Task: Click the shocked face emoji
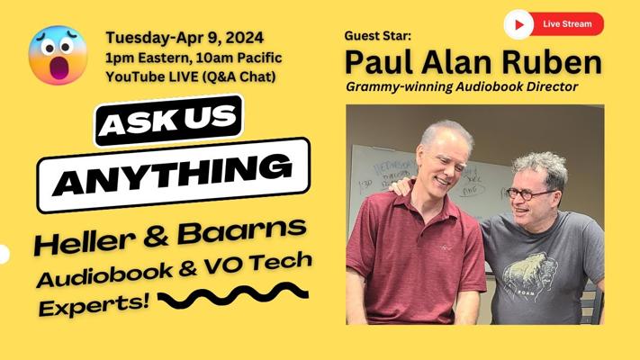click(x=58, y=55)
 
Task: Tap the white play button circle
click(x=518, y=24)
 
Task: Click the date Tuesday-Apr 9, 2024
click(x=185, y=38)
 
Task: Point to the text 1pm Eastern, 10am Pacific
click(x=194, y=58)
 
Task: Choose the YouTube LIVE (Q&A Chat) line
click(x=191, y=76)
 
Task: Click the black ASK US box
click(x=168, y=121)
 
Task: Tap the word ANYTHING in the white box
click(x=172, y=175)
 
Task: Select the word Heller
click(x=85, y=241)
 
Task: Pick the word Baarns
click(x=242, y=231)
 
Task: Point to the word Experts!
click(x=94, y=305)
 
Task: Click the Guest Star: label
click(x=377, y=36)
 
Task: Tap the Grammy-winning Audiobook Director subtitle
click(x=462, y=86)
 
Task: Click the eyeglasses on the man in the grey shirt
click(x=530, y=193)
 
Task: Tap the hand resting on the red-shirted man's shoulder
click(x=401, y=186)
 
